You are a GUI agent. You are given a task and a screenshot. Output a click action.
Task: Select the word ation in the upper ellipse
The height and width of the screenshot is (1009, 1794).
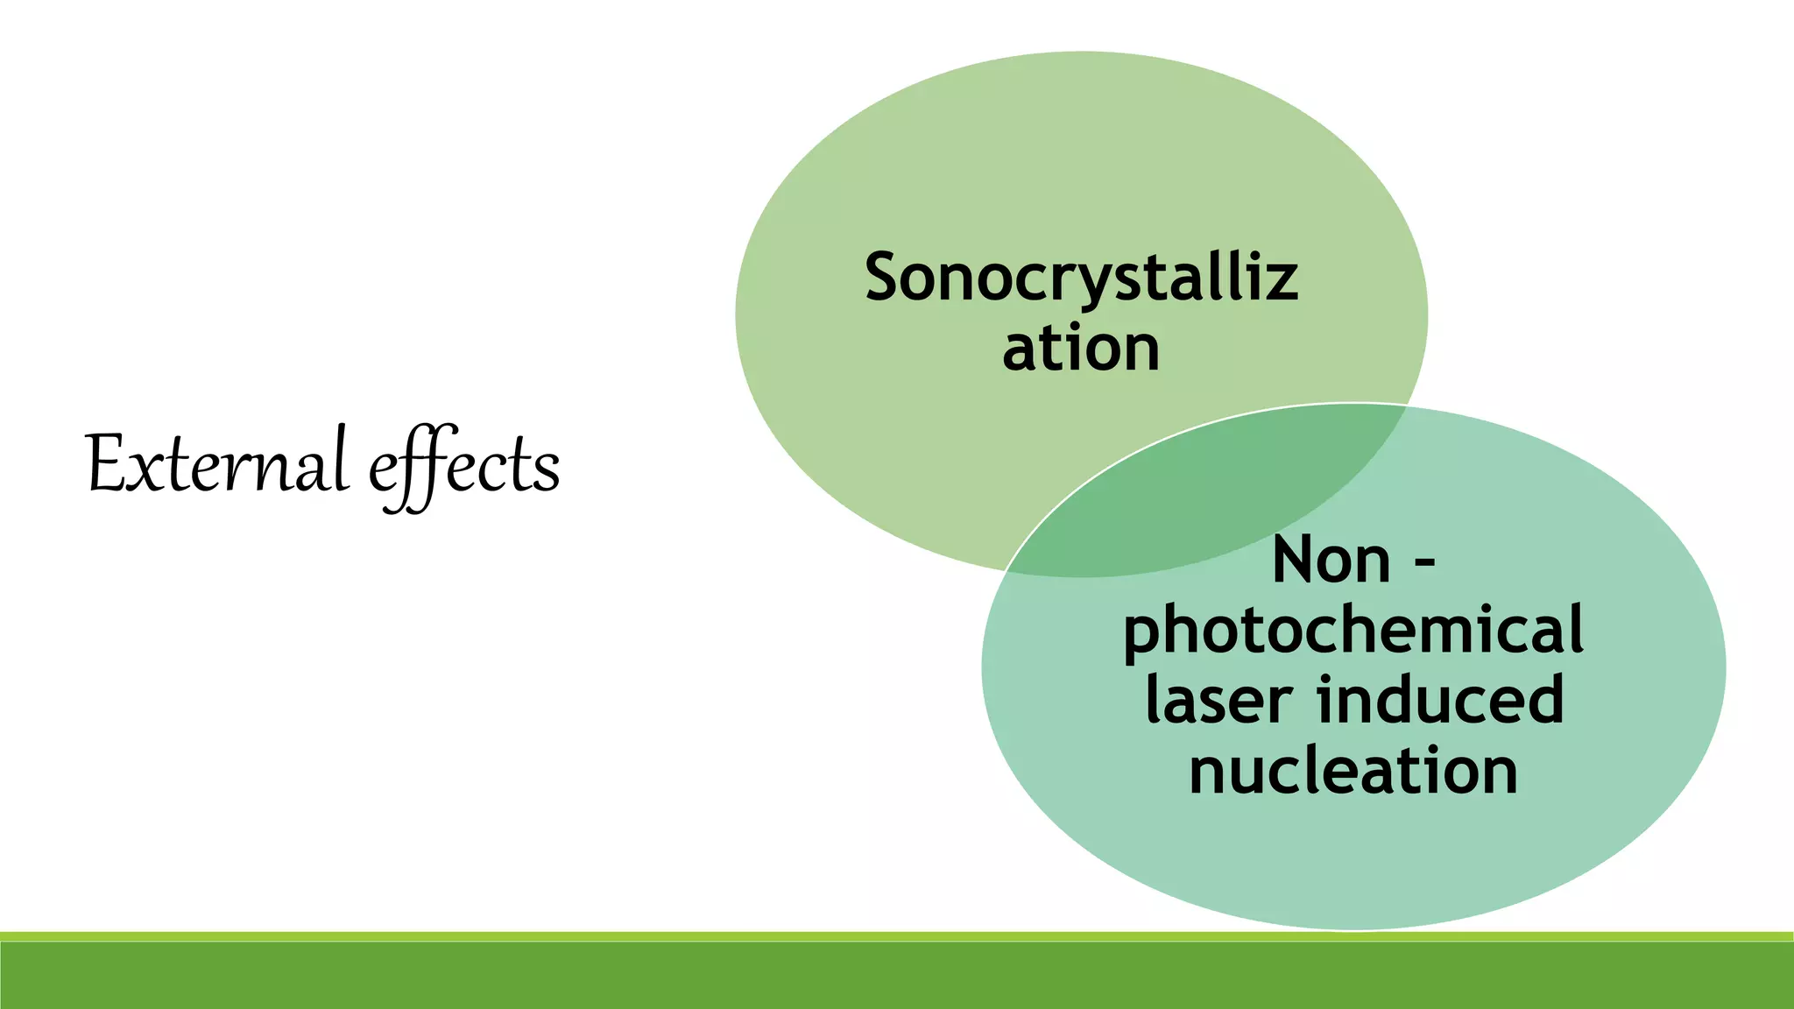pos(1081,349)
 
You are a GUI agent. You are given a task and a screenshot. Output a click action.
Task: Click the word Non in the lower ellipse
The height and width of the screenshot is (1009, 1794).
pos(1331,561)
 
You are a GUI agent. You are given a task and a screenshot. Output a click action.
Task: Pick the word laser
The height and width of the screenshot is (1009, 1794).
pos(1218,701)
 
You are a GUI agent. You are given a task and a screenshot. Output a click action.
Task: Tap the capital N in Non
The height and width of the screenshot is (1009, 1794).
pos(1294,561)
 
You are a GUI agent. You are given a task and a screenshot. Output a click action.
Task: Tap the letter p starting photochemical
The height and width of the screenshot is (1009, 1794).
pos(1143,638)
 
